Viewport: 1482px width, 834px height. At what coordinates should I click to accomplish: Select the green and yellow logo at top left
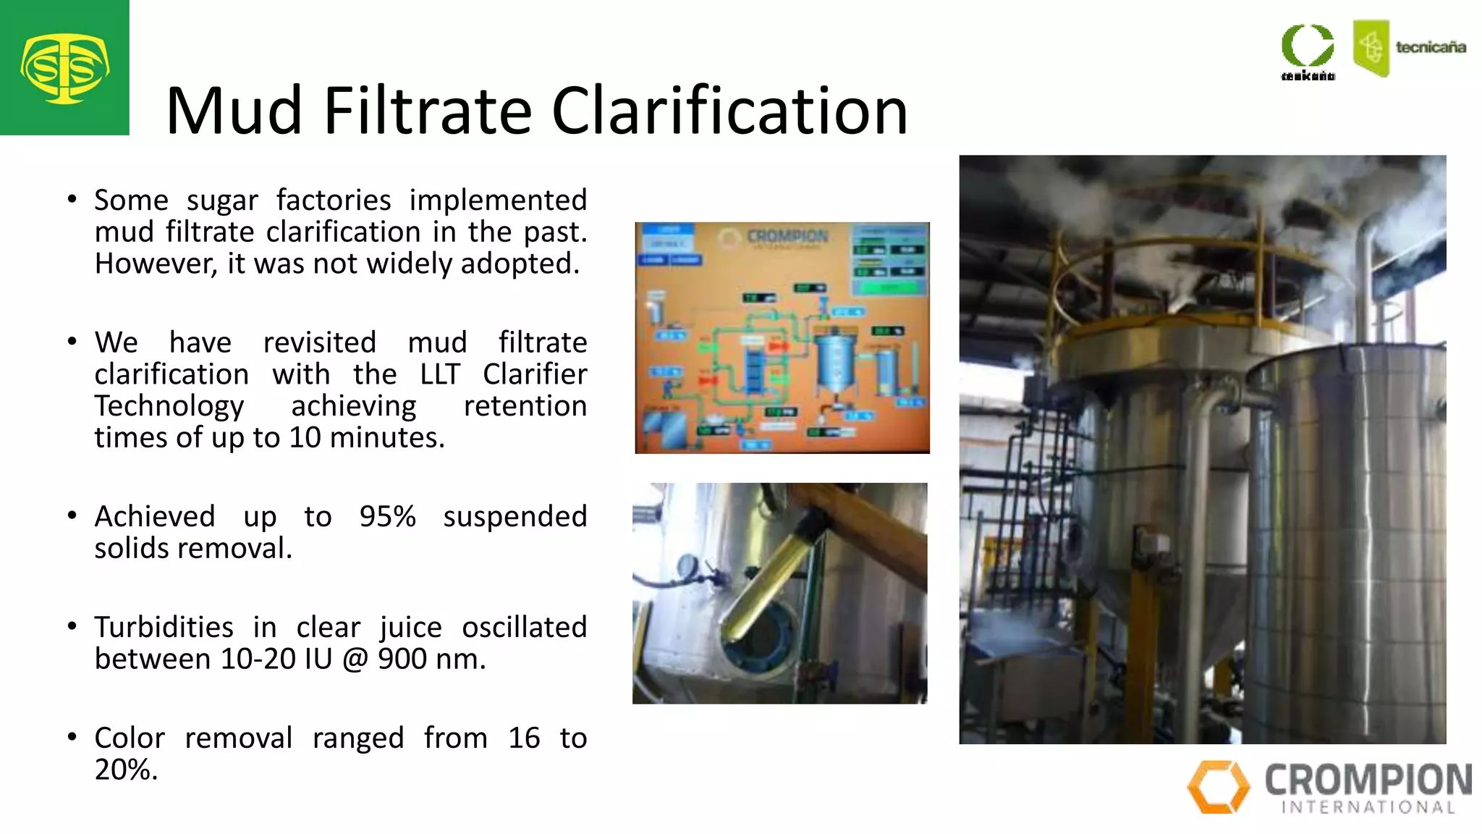(x=64, y=68)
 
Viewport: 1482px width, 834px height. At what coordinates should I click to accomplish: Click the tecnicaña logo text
(x=1430, y=48)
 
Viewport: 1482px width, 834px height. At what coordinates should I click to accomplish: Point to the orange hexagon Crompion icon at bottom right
(x=1218, y=786)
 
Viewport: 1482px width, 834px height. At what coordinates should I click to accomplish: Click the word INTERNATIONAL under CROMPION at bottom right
(x=1368, y=807)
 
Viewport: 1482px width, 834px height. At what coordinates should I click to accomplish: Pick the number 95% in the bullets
(x=387, y=517)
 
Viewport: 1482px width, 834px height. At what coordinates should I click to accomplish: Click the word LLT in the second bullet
(x=439, y=374)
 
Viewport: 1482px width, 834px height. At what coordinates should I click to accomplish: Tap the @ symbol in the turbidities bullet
(x=355, y=660)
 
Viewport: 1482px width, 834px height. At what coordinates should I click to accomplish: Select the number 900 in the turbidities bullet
(x=402, y=660)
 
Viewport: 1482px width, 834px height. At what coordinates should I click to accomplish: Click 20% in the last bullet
(x=125, y=770)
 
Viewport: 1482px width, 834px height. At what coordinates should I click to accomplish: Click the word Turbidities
(x=164, y=628)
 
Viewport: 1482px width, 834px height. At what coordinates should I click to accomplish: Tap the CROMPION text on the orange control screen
(x=787, y=237)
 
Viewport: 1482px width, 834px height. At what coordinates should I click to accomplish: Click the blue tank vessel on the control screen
(x=836, y=362)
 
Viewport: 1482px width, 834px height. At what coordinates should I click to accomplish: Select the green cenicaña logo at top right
(x=1308, y=51)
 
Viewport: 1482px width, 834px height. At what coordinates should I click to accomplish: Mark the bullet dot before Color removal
(x=72, y=737)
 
